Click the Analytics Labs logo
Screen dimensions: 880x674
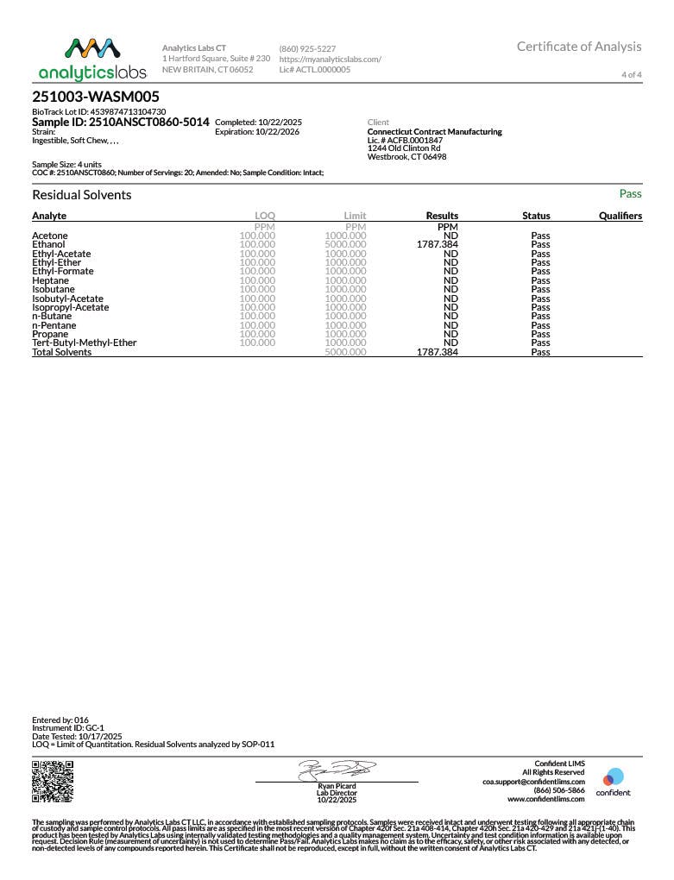92,59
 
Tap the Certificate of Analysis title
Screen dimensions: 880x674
579,47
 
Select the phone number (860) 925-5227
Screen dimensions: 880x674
307,48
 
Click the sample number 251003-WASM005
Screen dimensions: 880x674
96,97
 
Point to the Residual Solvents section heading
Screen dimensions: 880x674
82,195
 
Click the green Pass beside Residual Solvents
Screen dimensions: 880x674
630,194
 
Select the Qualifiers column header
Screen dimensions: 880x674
620,216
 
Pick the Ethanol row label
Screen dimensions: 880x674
48,245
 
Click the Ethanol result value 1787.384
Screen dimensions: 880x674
437,245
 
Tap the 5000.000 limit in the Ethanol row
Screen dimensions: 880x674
345,245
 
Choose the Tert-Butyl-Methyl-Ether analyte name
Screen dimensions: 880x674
84,343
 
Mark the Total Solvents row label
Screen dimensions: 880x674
61,352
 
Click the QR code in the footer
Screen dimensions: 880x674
53,782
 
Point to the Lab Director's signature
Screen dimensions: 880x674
337,769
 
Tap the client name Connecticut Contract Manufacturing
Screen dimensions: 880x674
434,132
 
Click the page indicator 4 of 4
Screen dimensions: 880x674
632,75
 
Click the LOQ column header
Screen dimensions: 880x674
265,216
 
